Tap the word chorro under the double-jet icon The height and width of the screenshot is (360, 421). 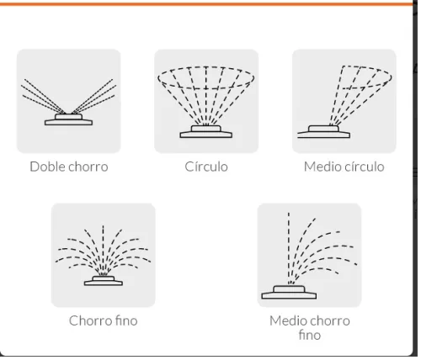tap(88, 167)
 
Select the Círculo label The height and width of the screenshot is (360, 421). tap(206, 167)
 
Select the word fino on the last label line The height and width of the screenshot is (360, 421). tap(310, 335)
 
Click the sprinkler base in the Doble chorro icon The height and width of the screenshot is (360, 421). tap(68, 119)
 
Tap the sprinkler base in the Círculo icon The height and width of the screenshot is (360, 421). tap(206, 132)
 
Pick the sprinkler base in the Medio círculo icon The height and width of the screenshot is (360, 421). tap(323, 132)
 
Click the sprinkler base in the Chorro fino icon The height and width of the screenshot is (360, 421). tap(104, 281)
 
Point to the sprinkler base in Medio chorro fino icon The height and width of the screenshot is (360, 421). tap(289, 293)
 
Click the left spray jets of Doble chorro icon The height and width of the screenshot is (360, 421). tap(43, 97)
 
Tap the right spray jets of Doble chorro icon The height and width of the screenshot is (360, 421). tap(94, 97)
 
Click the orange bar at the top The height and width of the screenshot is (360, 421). tap(206, 4)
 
